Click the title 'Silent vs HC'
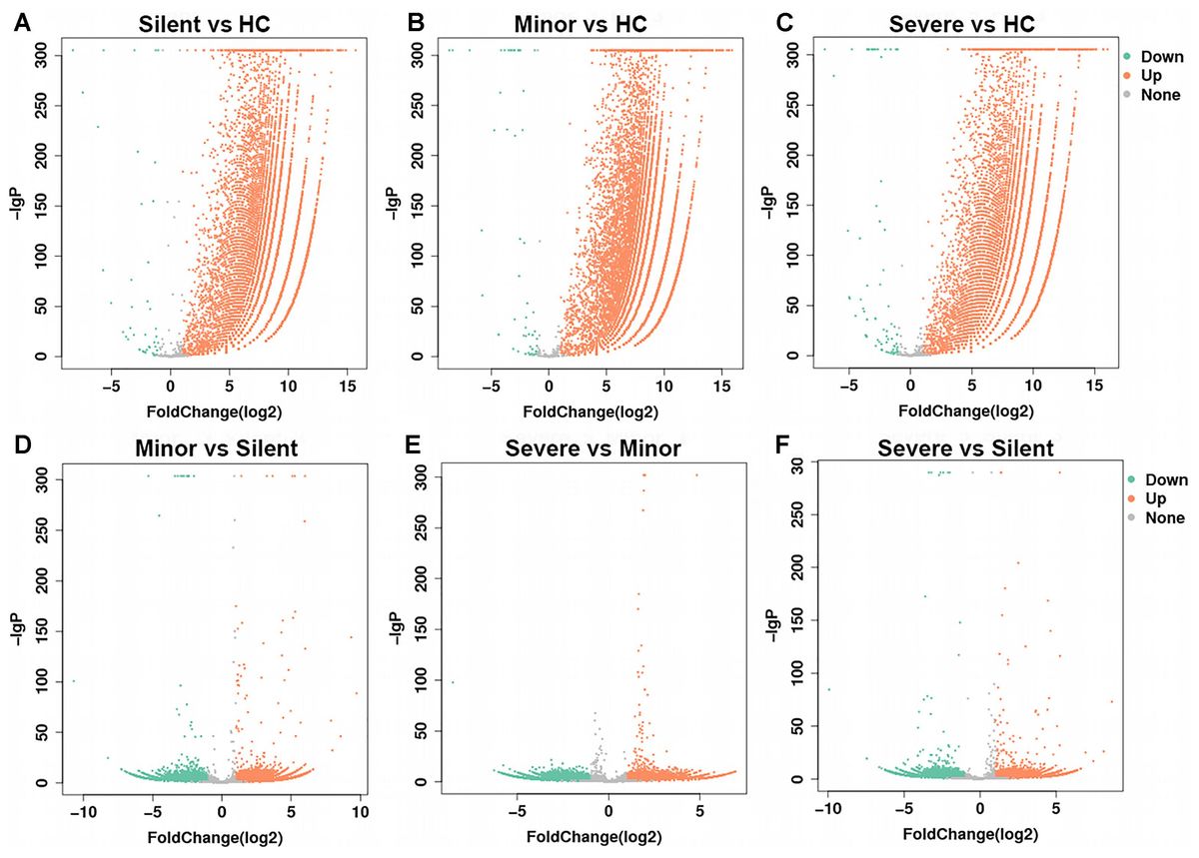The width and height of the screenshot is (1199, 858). pos(212,22)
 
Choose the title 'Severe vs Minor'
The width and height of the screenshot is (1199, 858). pos(599,448)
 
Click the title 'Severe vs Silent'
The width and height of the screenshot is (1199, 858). pos(965,448)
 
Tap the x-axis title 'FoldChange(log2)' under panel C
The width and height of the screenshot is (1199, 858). pos(966,411)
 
